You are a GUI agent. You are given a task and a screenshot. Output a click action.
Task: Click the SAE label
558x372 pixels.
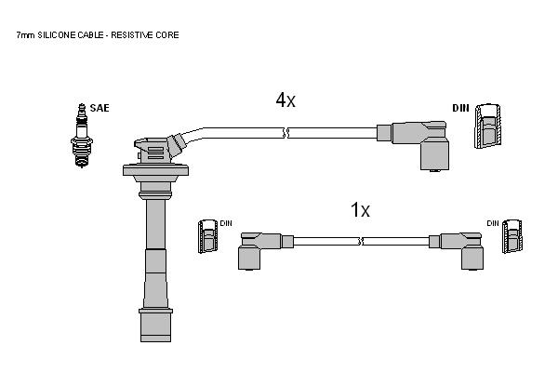100,108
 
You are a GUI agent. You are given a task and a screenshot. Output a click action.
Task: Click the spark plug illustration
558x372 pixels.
82,135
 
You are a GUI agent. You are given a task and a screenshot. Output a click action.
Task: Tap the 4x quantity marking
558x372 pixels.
286,100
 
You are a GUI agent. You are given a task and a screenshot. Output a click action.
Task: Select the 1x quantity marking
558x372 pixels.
360,209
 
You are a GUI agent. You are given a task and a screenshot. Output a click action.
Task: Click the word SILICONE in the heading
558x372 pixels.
57,35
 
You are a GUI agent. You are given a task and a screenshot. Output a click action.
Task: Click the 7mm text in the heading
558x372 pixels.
26,35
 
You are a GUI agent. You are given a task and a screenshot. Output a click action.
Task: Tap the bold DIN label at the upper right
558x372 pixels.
461,108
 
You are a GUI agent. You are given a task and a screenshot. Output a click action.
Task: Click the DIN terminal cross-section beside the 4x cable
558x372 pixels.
488,126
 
